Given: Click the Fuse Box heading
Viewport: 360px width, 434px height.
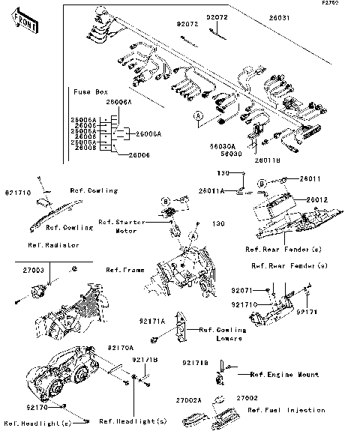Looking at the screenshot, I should click(x=90, y=91).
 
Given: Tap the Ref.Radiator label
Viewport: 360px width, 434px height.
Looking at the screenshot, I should click(x=54, y=245).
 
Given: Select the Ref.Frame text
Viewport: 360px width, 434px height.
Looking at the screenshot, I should click(x=124, y=269).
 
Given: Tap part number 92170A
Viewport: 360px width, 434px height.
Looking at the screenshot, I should click(x=120, y=348).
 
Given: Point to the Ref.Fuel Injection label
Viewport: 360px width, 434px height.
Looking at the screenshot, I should click(x=286, y=410).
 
